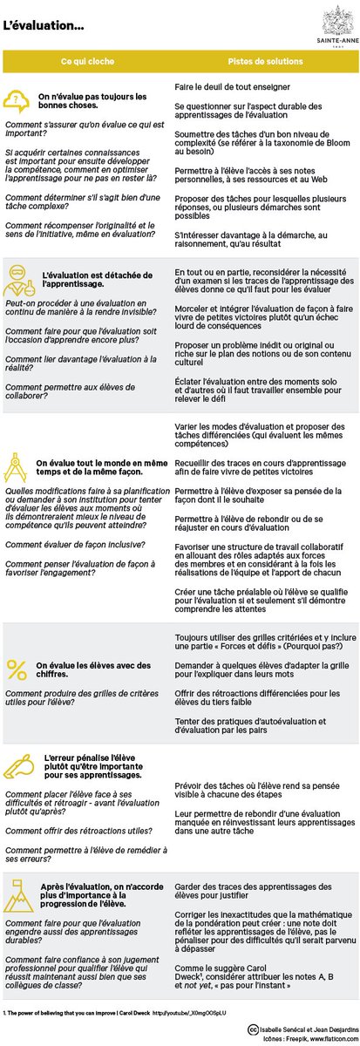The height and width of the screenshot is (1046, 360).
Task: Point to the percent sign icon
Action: pyautogui.click(x=17, y=669)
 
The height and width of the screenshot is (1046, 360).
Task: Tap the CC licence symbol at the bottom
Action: pyautogui.click(x=253, y=1027)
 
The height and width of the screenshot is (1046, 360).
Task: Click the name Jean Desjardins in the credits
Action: pyautogui.click(x=329, y=1027)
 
